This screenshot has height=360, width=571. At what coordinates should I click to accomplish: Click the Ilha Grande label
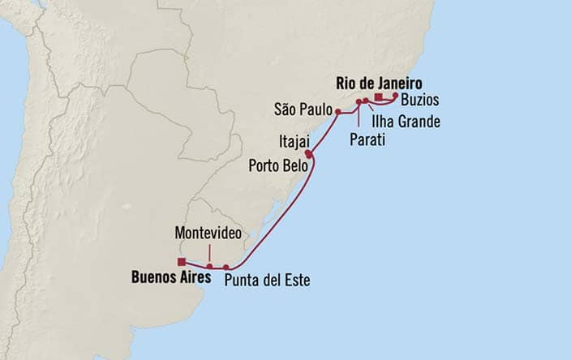[x=406, y=122]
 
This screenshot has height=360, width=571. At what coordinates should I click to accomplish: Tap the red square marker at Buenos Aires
[x=182, y=261]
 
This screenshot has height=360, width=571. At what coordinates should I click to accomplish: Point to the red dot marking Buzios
[x=395, y=95]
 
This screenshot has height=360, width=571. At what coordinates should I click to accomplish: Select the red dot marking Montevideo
[x=209, y=265]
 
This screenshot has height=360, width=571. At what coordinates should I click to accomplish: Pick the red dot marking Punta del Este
[x=227, y=266]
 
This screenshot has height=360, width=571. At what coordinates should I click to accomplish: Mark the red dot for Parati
[x=358, y=101]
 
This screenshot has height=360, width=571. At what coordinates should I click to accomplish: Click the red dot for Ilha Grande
[x=366, y=101]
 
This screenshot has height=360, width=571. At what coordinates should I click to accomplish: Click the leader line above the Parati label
[x=358, y=118]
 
